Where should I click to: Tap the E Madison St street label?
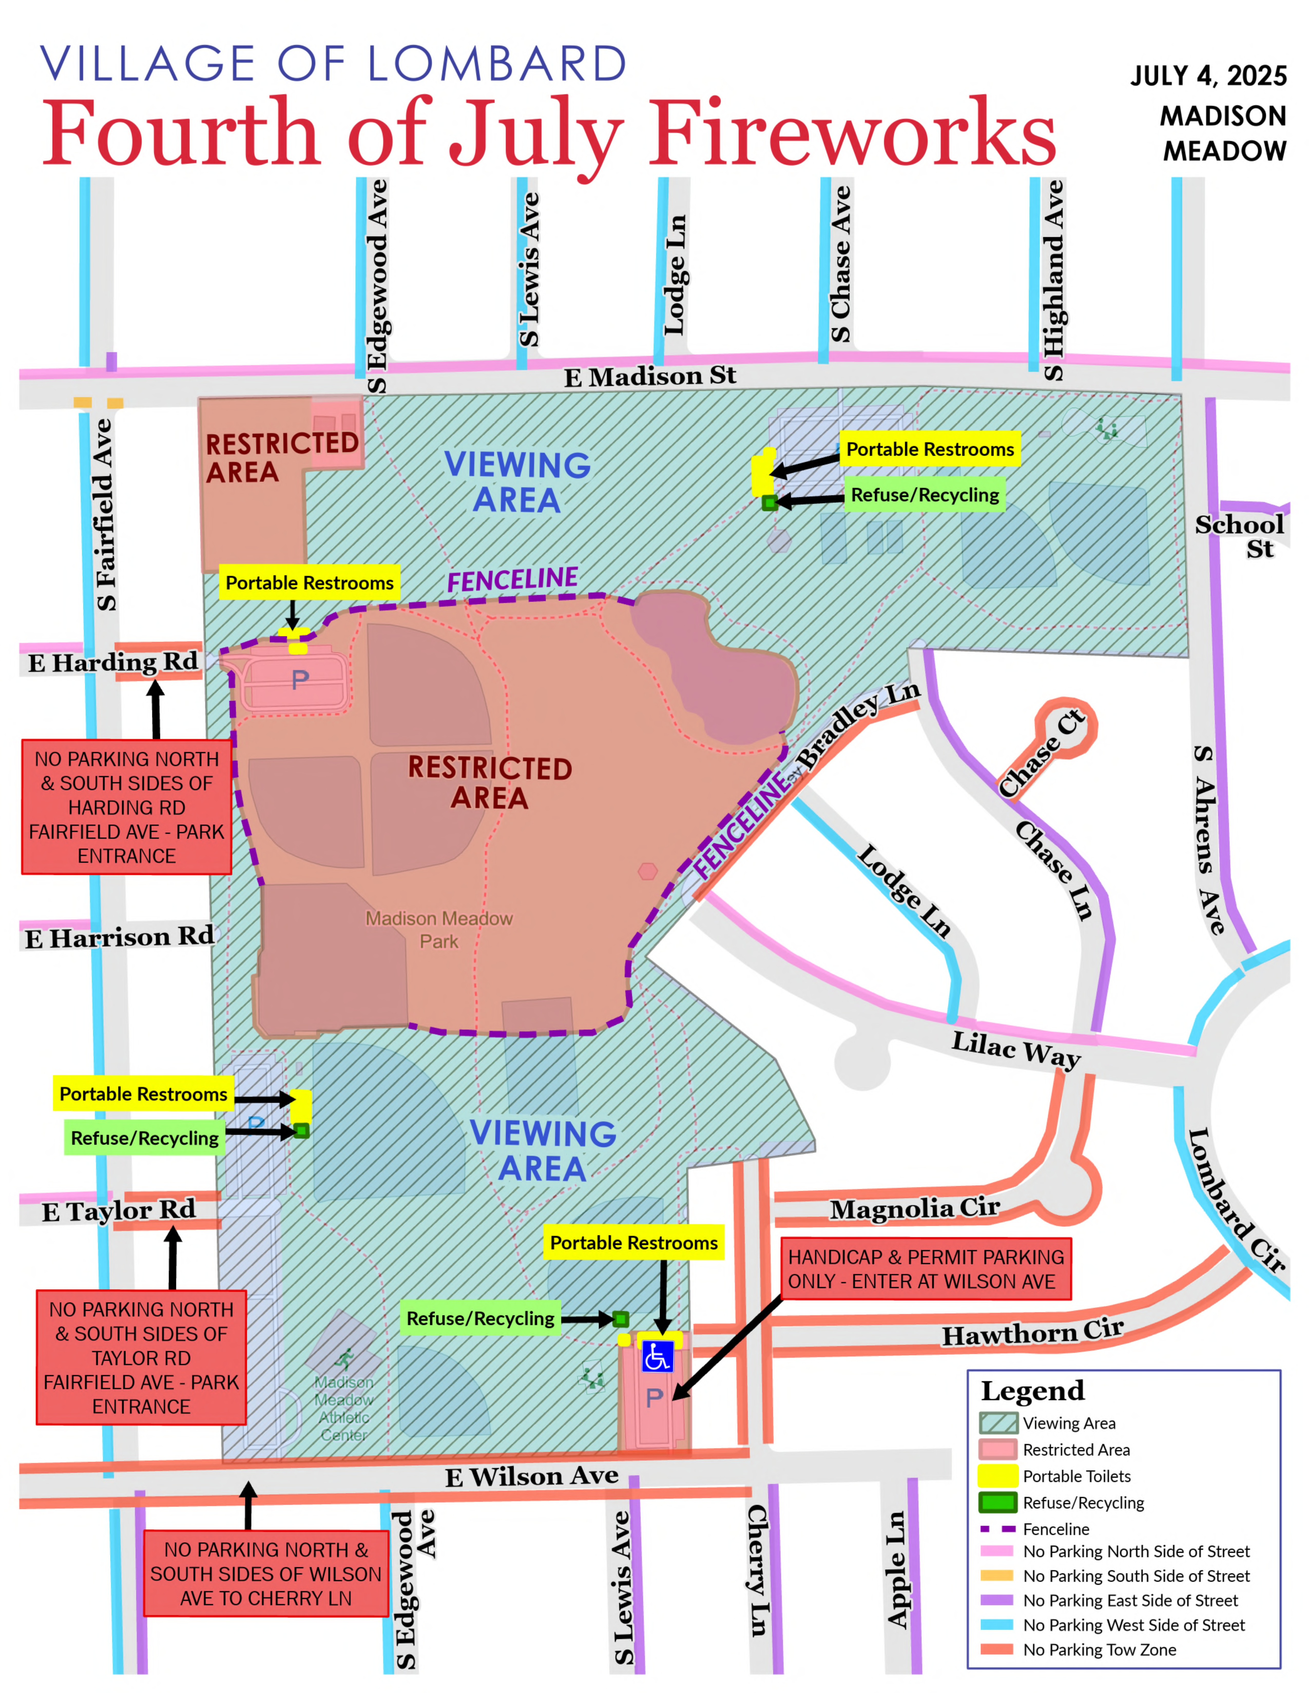pos(650,377)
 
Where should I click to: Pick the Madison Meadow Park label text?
pos(439,929)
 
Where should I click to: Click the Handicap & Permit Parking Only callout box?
pos(926,1269)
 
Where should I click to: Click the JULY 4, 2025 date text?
pos(1208,76)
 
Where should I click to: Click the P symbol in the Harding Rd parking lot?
pos(300,680)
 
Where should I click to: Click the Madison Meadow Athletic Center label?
pos(343,1409)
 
